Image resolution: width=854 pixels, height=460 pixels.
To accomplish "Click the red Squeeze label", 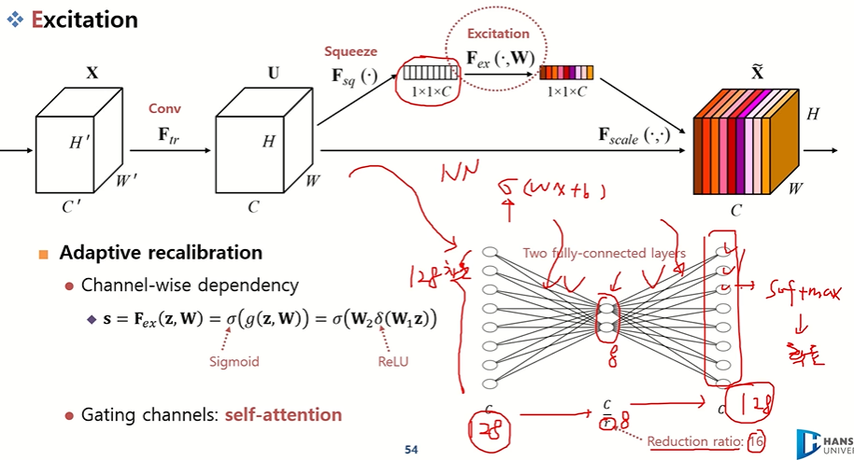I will (349, 50).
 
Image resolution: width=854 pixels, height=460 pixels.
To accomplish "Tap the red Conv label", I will (164, 108).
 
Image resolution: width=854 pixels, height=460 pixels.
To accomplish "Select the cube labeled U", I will (261, 140).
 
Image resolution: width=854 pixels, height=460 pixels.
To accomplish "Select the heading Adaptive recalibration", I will (161, 253).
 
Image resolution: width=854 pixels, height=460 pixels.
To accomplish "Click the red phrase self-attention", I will (283, 414).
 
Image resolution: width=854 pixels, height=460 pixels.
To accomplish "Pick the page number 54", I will (411, 450).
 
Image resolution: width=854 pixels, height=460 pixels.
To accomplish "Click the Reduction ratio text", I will (692, 440).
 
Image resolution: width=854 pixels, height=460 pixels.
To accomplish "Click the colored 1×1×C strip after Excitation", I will (566, 72).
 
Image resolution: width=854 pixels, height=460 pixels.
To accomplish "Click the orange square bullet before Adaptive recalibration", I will (43, 254).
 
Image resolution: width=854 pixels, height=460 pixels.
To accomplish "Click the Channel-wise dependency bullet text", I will (190, 285).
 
